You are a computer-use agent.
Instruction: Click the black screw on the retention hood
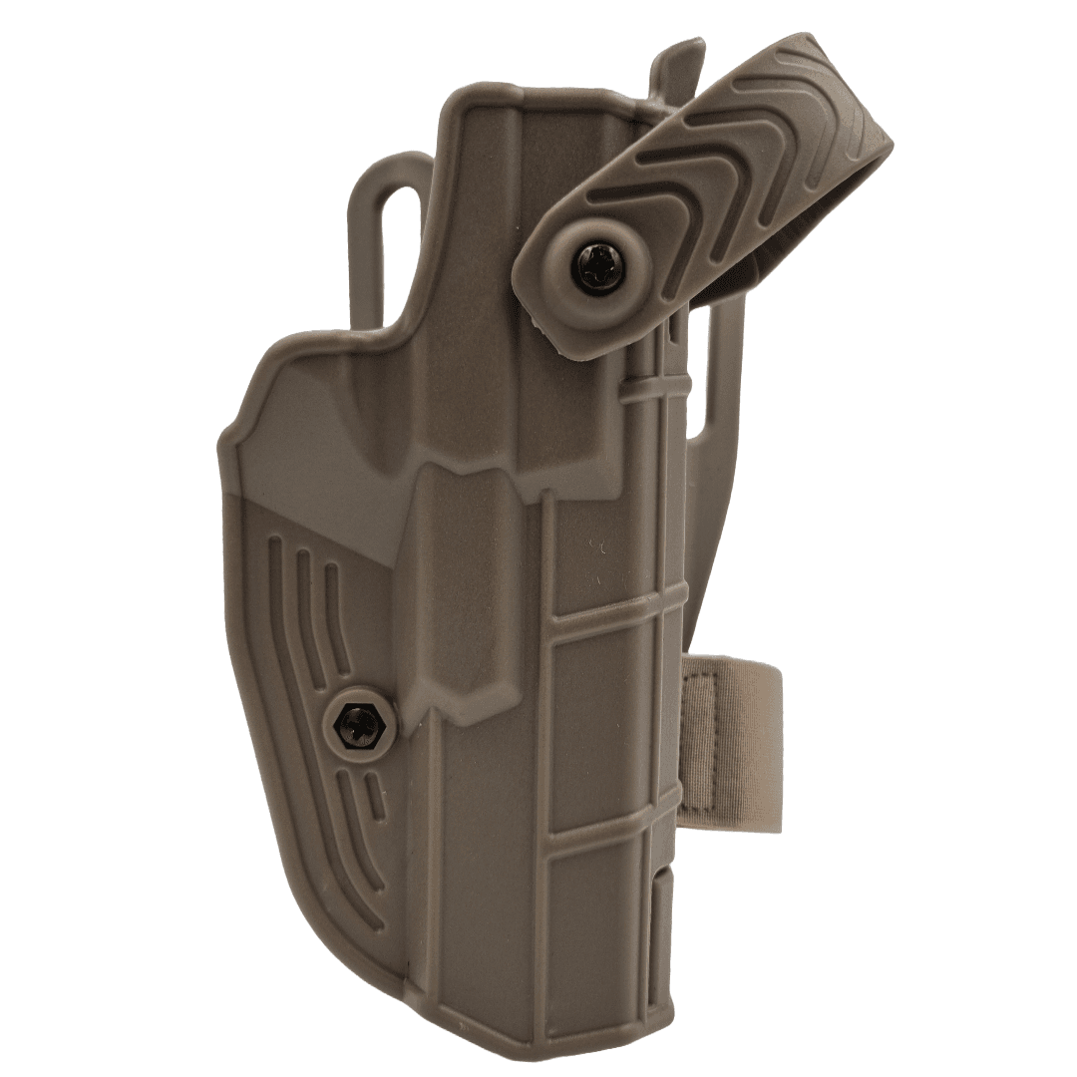[x=600, y=266]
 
